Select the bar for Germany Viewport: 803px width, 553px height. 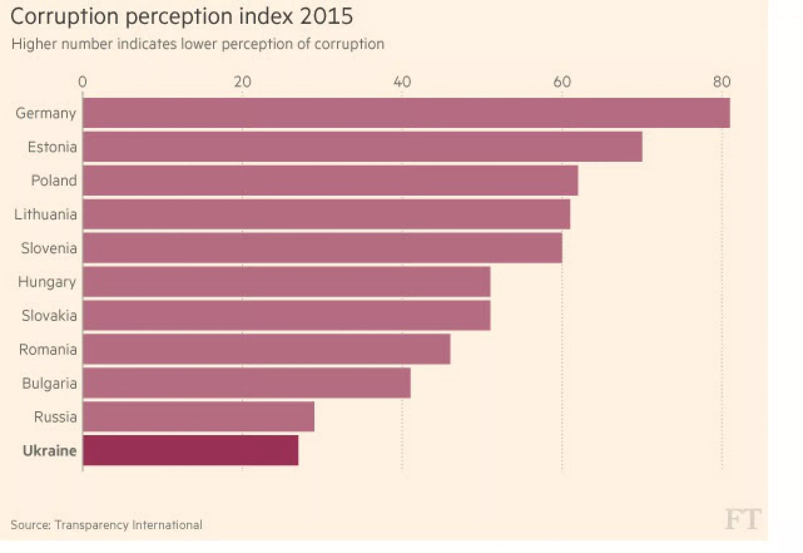[406, 113]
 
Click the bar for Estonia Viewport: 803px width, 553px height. [363, 147]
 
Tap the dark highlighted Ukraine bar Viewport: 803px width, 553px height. [190, 450]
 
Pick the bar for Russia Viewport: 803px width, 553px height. [198, 416]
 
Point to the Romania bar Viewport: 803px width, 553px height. [266, 349]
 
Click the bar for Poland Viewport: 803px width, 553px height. [330, 181]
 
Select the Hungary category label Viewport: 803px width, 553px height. [47, 282]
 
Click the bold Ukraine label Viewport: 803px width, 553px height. [49, 451]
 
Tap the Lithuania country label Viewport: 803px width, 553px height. [45, 215]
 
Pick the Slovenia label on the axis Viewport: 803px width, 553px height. [49, 248]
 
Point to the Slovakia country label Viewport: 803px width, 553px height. [49, 316]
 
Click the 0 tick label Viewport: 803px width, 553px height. [82, 82]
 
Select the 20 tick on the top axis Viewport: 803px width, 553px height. [242, 82]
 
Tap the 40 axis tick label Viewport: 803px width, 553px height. [402, 82]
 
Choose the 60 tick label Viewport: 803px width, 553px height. [562, 82]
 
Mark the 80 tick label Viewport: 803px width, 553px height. [722, 82]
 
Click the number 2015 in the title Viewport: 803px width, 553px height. [326, 16]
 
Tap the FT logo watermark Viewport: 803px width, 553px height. [743, 519]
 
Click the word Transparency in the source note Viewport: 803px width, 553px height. [91, 525]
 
